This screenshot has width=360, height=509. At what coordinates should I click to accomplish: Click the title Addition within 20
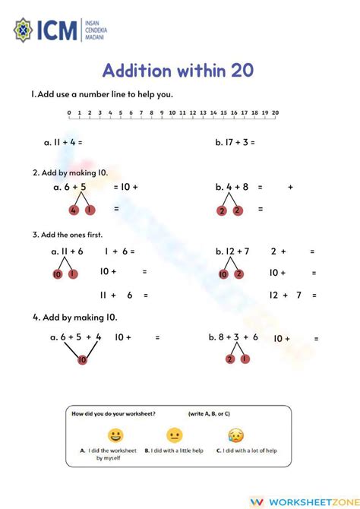tap(178, 71)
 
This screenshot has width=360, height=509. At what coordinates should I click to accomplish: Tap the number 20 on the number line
tap(275, 113)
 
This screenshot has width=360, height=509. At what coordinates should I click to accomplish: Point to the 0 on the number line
tap(69, 113)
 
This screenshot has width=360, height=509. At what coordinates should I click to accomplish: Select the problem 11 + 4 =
tap(64, 142)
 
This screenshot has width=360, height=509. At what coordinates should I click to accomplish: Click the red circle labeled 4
tap(74, 210)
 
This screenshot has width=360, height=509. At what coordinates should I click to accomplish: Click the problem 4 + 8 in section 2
tap(235, 187)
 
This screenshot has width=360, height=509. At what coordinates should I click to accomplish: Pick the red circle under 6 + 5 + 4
tap(82, 359)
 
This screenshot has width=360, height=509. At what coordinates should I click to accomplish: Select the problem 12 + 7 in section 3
tap(235, 251)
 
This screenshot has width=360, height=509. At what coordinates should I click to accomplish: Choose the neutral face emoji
tap(175, 435)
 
